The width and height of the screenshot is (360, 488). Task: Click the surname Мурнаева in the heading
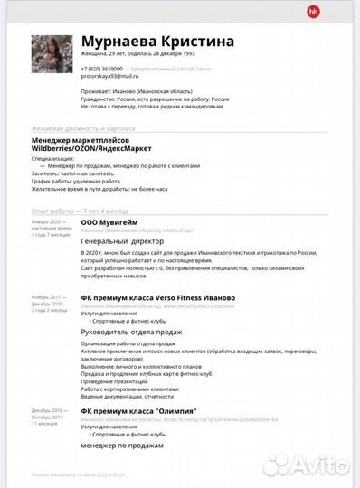[x=118, y=42]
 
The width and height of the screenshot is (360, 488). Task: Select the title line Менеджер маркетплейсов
[x=80, y=141]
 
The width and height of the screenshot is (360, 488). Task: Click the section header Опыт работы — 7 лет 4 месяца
[x=78, y=210]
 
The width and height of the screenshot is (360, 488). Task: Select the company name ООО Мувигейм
[x=109, y=221]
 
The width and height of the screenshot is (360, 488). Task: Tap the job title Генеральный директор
[x=121, y=242]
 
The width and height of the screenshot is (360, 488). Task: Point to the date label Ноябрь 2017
[x=45, y=296]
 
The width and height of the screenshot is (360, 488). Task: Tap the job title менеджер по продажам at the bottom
[x=122, y=445]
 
